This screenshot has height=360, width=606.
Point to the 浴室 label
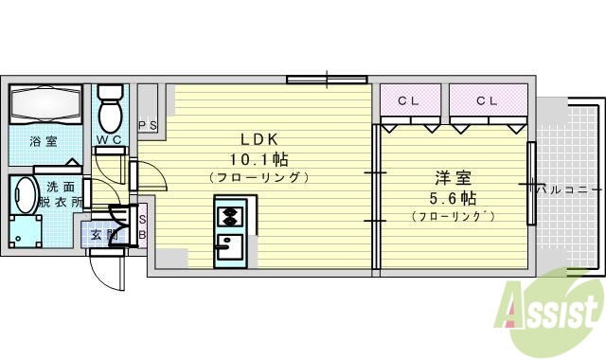tap(42, 142)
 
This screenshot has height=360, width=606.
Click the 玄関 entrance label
tap(103, 233)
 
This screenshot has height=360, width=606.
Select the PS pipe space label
tap(148, 125)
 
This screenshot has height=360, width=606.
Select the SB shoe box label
tap(142, 225)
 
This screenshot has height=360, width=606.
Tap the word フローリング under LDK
tap(258, 177)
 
